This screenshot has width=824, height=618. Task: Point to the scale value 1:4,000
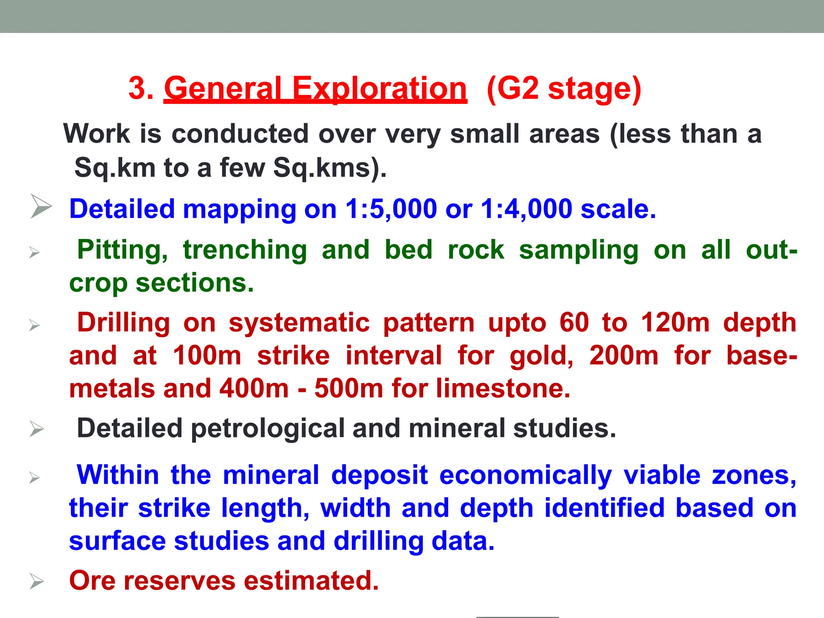coord(526,209)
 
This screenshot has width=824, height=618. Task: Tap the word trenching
coord(245,250)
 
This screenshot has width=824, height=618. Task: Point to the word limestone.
coord(503,389)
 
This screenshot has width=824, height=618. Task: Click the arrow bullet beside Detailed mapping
coord(41,206)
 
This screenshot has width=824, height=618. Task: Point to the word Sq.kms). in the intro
coord(330,167)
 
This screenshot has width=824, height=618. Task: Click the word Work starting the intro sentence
coord(97,134)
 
